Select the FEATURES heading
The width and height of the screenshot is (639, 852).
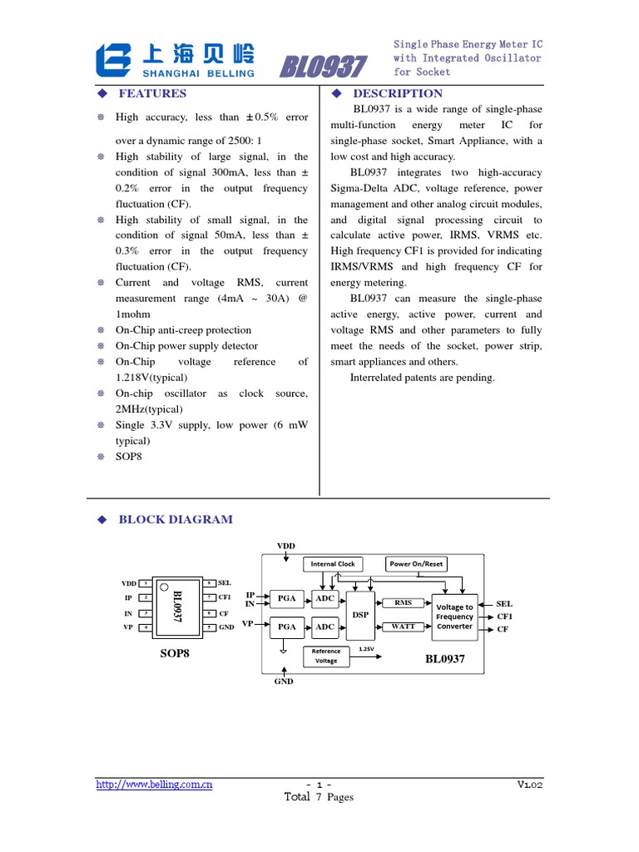[152, 93]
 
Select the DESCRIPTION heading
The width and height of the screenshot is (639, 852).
[398, 93]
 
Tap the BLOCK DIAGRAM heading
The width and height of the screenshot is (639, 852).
[176, 519]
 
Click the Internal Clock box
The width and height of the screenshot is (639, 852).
[333, 564]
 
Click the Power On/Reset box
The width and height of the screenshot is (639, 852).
[417, 564]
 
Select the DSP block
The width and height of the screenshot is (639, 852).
[361, 614]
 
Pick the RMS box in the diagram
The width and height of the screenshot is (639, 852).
[403, 602]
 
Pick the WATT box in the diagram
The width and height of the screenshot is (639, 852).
[403, 627]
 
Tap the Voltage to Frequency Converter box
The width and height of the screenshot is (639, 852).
[454, 617]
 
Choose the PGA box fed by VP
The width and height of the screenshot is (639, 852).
[287, 627]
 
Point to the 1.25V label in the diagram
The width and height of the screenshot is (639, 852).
[365, 647]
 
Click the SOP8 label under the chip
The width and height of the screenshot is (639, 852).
[175, 653]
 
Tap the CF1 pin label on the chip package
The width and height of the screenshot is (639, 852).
[225, 597]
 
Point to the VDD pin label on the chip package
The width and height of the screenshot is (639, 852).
[128, 583]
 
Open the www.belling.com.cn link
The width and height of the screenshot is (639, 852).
[154, 784]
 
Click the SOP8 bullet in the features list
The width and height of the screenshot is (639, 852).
[129, 457]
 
